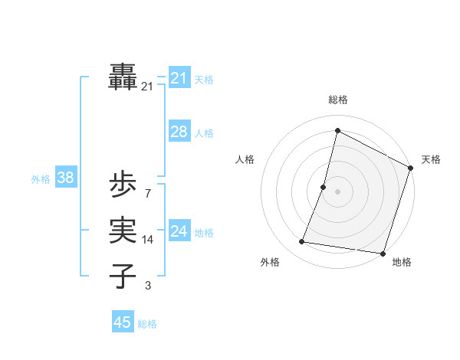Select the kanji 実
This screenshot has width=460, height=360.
coord(123,231)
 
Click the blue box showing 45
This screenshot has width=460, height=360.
coord(123,322)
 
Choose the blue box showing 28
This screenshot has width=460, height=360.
coord(179,132)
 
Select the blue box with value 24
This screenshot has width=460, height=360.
coord(179,231)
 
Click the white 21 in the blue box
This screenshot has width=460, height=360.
coord(179,78)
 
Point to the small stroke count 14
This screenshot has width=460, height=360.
coord(147,240)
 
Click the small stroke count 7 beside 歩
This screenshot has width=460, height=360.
coord(147,193)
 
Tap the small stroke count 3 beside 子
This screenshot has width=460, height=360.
coord(147,286)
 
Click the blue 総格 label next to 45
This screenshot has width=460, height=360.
coord(147,324)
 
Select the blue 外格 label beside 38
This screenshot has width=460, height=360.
coord(41,179)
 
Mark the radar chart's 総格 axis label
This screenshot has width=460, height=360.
coord(338,100)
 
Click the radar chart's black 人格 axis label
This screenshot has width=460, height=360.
coord(245,159)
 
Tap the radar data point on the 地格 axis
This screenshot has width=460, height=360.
coord(383,253)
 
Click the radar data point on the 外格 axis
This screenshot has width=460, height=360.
coord(302,242)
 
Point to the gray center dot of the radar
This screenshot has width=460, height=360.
coord(337,191)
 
